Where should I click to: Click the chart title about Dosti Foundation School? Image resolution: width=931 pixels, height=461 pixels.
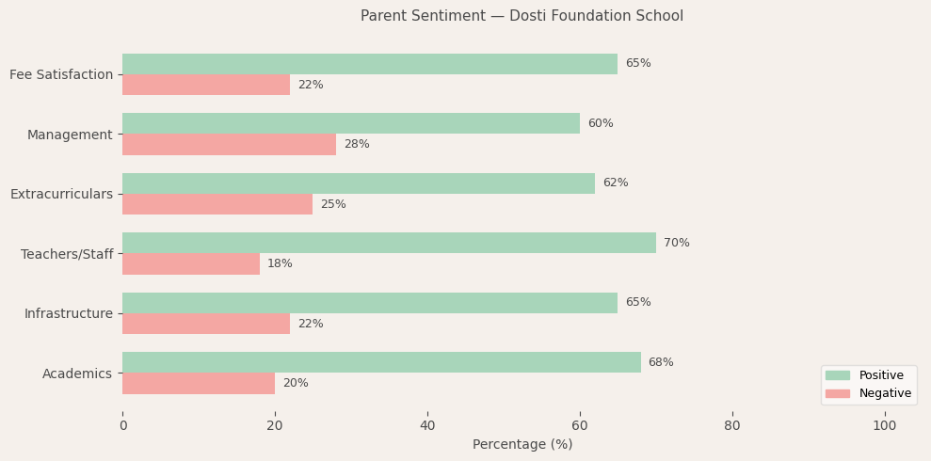click(x=522, y=16)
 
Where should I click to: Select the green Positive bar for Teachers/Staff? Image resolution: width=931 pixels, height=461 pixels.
click(x=389, y=243)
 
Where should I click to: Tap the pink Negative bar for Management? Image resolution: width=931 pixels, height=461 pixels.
click(x=229, y=145)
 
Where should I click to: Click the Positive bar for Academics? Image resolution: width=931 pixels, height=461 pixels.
click(x=381, y=362)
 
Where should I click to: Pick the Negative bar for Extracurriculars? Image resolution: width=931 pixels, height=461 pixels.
click(x=217, y=204)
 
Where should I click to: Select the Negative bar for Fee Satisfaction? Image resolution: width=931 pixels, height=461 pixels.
click(x=206, y=85)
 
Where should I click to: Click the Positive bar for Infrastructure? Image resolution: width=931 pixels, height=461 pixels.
click(x=370, y=303)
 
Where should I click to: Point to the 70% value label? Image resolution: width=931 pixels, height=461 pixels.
click(x=676, y=243)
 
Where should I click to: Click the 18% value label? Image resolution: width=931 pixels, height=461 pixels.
click(x=280, y=264)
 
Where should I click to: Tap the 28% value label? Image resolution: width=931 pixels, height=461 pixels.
click(x=356, y=145)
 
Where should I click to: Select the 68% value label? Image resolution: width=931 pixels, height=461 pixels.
click(x=660, y=362)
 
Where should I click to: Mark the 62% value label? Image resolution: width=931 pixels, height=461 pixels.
click(x=615, y=183)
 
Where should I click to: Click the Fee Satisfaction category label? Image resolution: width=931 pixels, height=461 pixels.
click(x=61, y=74)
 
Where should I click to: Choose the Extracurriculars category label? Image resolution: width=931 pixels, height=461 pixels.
click(x=61, y=194)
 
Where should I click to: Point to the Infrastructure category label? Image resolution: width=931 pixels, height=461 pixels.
click(x=69, y=313)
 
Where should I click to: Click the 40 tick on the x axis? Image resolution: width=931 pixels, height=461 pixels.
click(x=427, y=425)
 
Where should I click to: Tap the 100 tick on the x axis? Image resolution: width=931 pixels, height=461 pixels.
click(x=884, y=425)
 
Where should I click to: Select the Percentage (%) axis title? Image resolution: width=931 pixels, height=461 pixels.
click(x=522, y=444)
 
